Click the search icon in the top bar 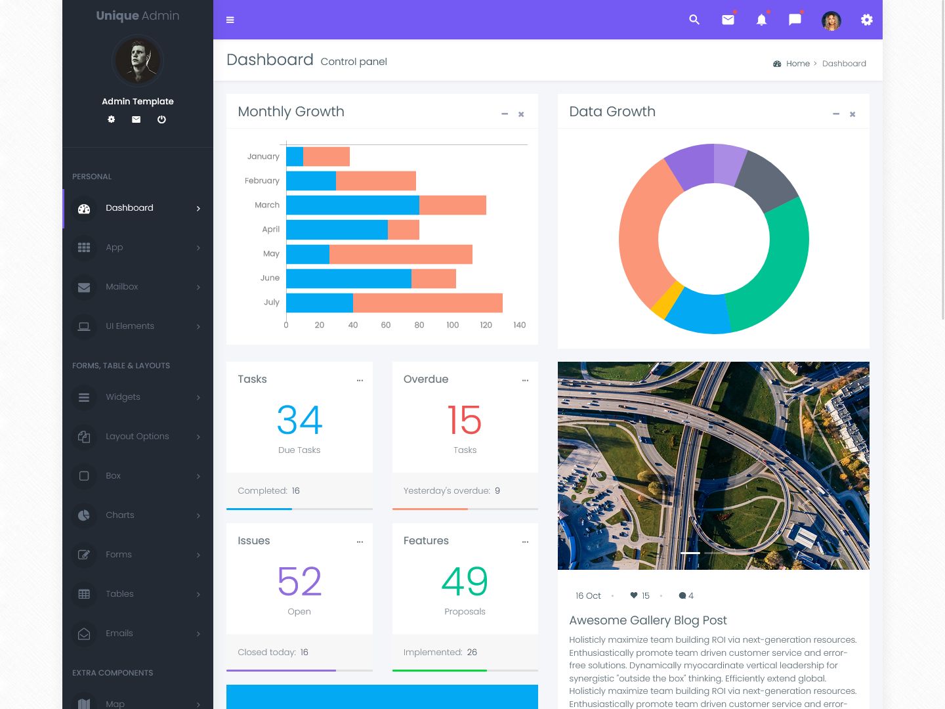tap(694, 20)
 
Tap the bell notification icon tap(761, 20)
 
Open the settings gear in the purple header tap(867, 20)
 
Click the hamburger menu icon tap(230, 20)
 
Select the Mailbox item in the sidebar tap(122, 287)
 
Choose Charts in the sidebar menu tap(120, 515)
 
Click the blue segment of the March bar tap(352, 205)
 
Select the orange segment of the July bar tap(428, 303)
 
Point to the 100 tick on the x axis tap(453, 325)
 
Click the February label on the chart tap(262, 181)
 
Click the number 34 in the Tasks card tap(299, 420)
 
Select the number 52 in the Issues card tap(299, 582)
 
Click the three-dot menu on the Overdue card tap(525, 380)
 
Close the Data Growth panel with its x tap(852, 114)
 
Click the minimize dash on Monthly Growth tap(505, 114)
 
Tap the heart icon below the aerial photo tap(634, 595)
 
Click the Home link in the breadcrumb tap(798, 64)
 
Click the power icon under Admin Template tap(161, 119)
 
